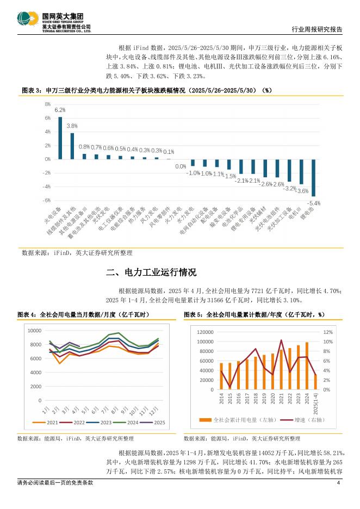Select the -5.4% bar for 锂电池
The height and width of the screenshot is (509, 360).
click(x=313, y=178)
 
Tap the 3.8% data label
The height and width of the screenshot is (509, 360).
click(x=72, y=126)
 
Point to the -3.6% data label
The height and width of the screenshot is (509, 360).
click(x=302, y=191)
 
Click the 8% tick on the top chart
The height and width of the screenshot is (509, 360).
click(x=48, y=104)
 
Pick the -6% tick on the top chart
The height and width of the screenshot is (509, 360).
click(x=47, y=200)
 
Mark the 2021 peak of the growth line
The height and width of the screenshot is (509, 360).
click(x=281, y=340)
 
